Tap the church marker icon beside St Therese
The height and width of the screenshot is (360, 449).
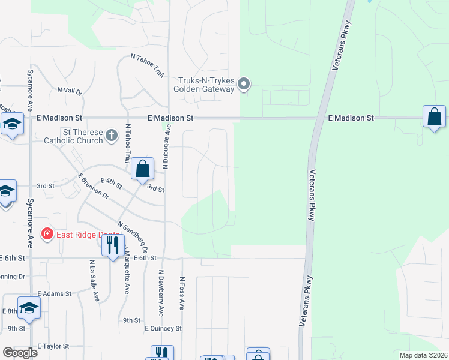111,136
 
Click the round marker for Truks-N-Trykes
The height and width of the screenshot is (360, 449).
243,85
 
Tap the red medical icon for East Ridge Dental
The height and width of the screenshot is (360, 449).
47,233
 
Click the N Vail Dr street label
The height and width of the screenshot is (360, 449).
70,90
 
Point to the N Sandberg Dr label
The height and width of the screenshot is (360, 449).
133,236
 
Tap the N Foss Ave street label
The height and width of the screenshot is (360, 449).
181,293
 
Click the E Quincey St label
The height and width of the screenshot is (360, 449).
163,329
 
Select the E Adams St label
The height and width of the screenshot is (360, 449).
54,294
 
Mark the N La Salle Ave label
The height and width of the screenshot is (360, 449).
94,281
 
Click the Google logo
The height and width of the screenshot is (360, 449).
20,352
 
